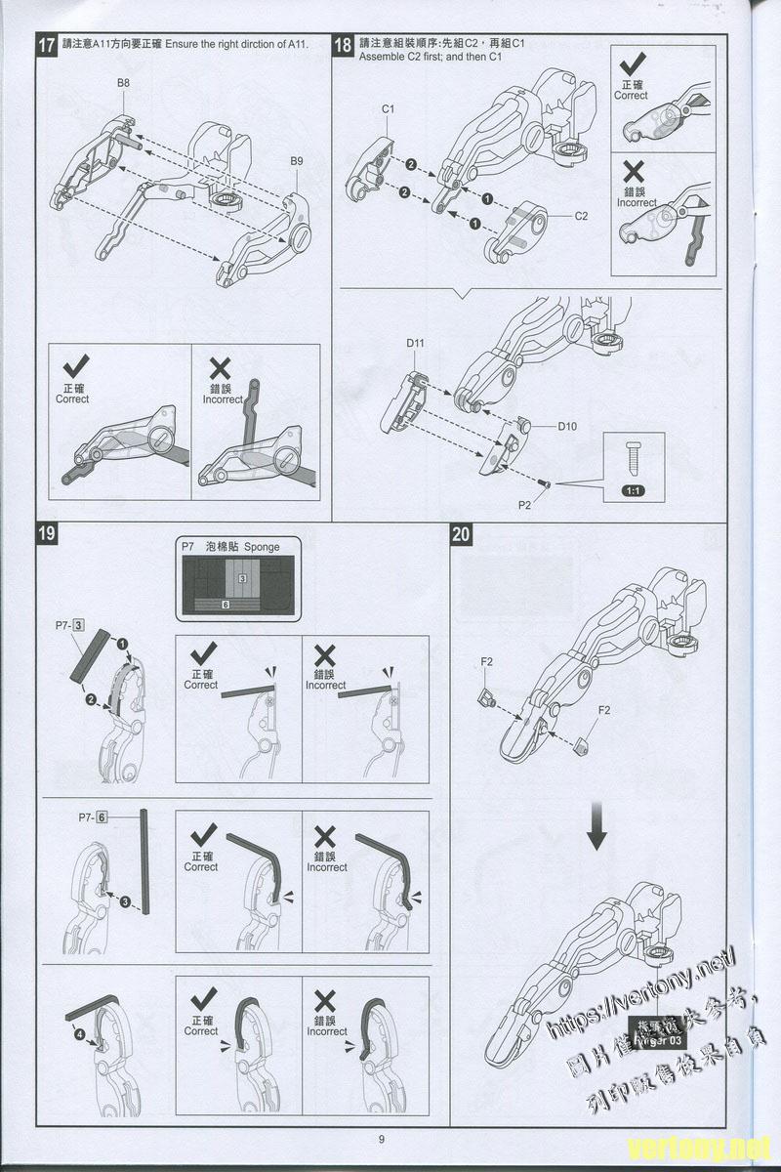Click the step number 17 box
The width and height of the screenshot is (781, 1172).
click(46, 45)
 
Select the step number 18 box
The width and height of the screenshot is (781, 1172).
click(344, 45)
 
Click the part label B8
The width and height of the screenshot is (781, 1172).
click(123, 84)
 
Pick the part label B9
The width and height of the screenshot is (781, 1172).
click(297, 161)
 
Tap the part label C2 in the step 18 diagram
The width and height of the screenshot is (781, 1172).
click(581, 216)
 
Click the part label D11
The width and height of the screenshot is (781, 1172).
click(415, 343)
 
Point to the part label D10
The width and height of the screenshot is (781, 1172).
click(568, 427)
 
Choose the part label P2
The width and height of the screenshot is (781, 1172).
click(525, 505)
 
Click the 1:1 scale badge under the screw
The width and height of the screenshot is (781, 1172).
click(633, 489)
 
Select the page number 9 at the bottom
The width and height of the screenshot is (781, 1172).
click(382, 1138)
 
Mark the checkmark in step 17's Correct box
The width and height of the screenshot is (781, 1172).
click(74, 368)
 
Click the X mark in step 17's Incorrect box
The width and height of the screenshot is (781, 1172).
click(221, 368)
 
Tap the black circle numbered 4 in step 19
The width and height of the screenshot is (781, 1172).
click(79, 1034)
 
